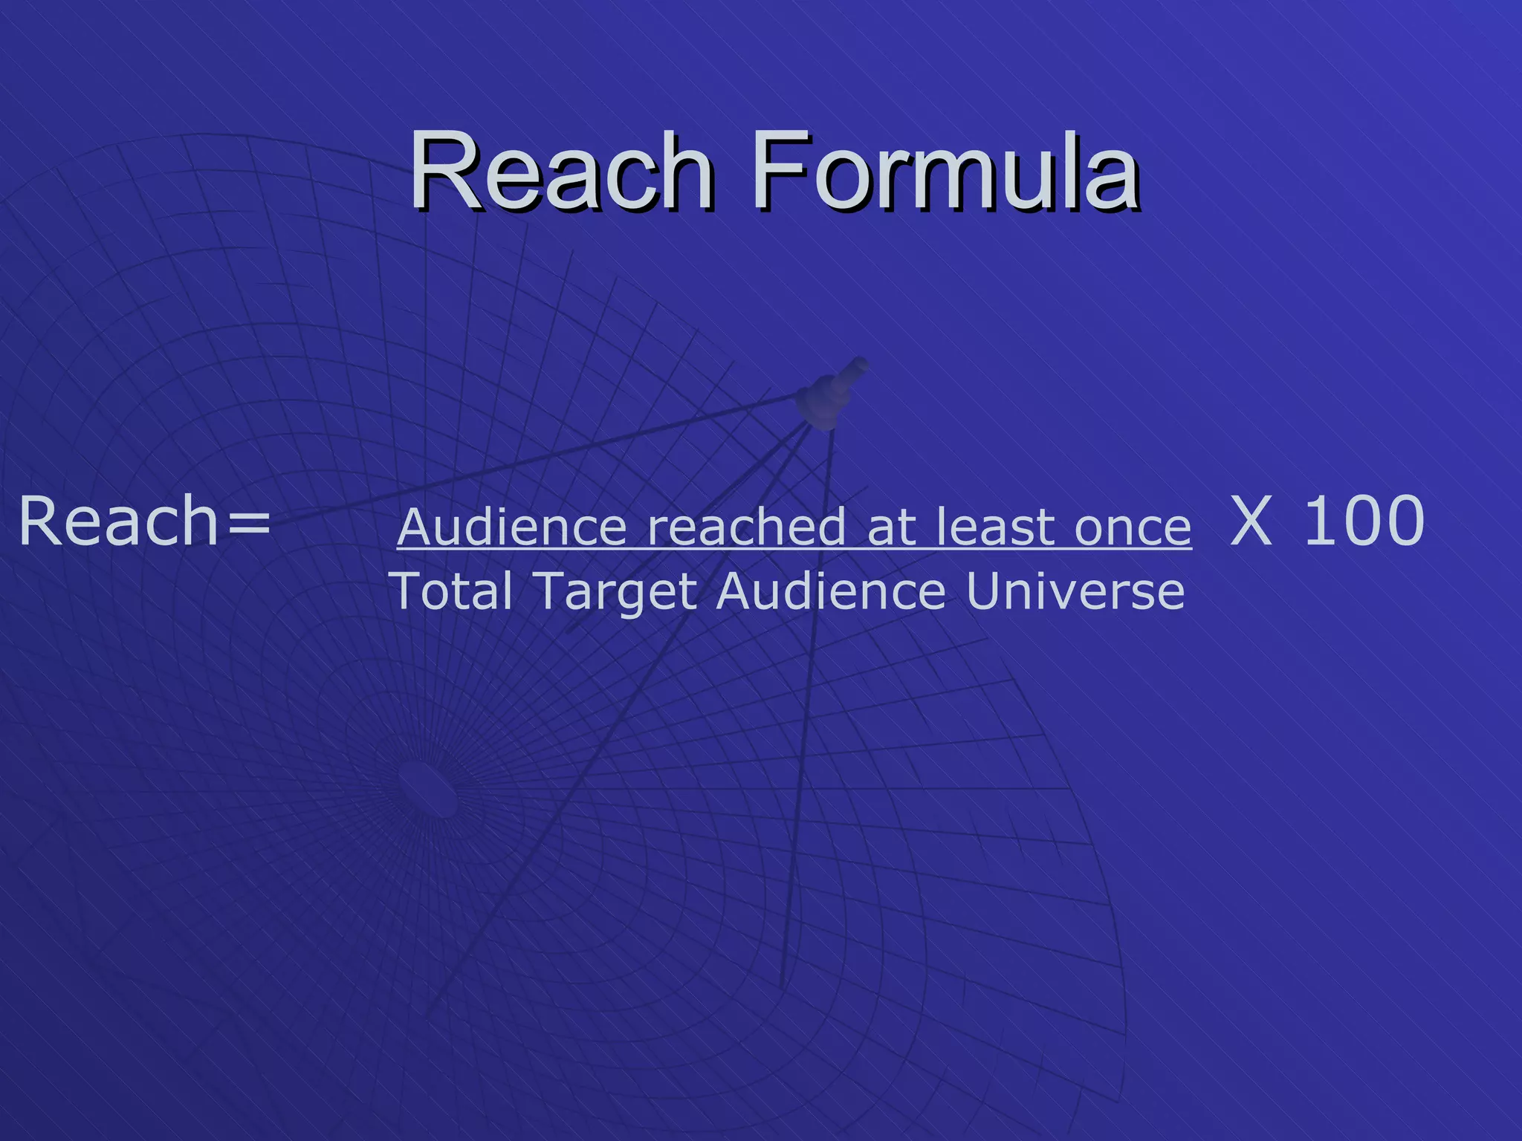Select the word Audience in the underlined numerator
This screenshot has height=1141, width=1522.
click(513, 527)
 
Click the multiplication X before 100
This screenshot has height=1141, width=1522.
click(1251, 521)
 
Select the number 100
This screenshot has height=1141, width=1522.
click(1364, 521)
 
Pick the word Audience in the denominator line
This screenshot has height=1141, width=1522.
click(831, 591)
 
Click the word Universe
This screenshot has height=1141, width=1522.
click(1075, 591)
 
